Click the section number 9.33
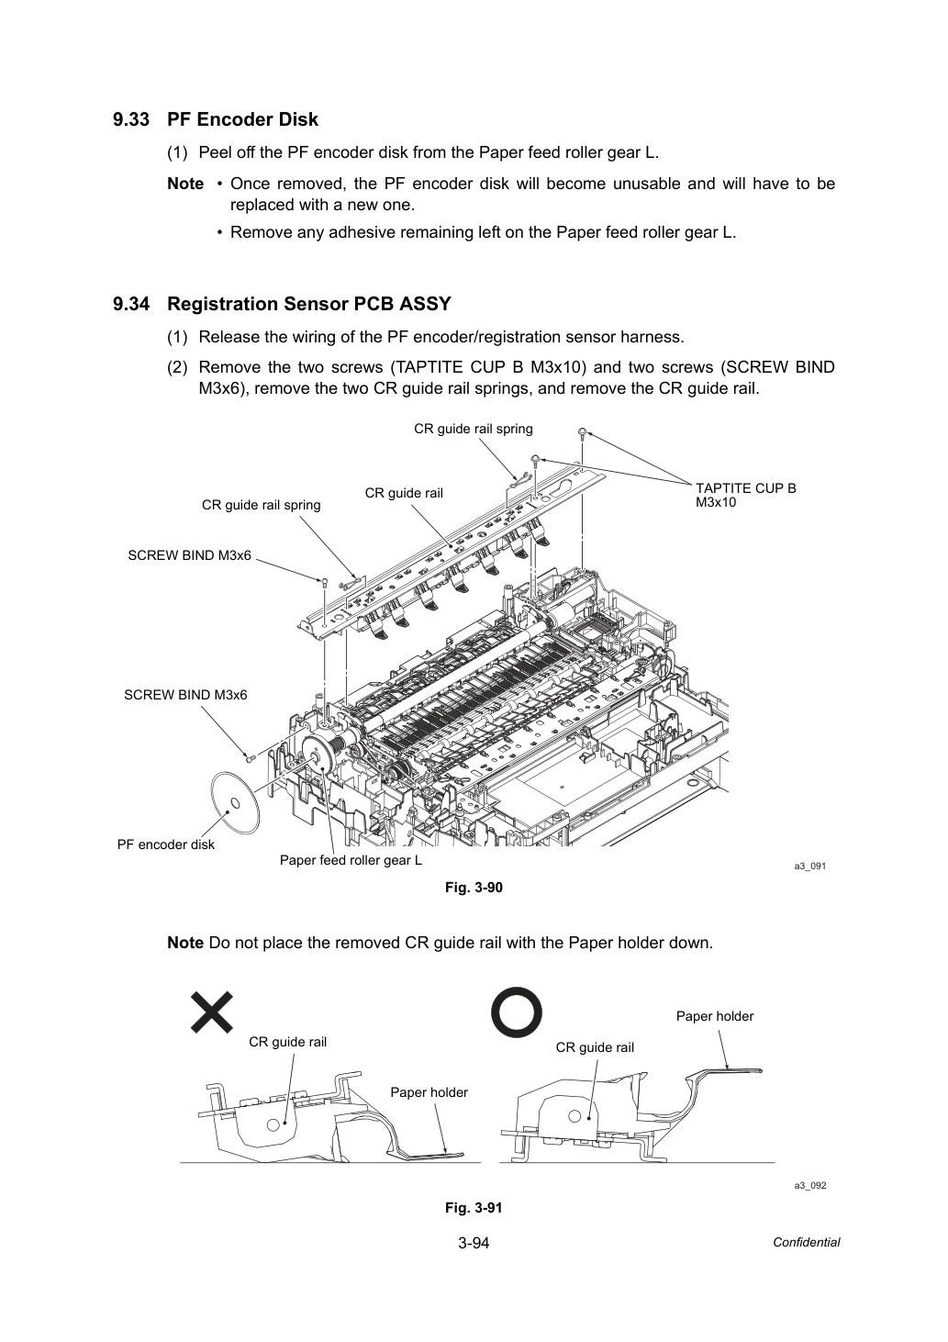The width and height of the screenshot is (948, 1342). click(131, 120)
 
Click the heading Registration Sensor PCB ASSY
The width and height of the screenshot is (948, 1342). click(309, 305)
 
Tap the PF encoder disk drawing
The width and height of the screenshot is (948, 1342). click(236, 803)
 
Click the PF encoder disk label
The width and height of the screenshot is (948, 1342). click(166, 844)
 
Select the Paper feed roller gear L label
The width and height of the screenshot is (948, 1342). click(351, 860)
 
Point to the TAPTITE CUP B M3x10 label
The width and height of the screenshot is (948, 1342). click(745, 496)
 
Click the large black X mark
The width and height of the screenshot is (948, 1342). click(211, 1012)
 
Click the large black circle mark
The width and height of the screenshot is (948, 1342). click(517, 1012)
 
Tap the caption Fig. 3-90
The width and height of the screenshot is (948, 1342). click(474, 888)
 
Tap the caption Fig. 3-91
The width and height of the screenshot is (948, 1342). click(474, 1208)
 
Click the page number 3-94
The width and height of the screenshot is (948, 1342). click(474, 1243)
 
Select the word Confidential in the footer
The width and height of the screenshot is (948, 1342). click(806, 1243)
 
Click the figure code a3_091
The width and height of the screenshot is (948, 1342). click(810, 867)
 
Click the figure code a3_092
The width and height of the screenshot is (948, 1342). click(810, 1186)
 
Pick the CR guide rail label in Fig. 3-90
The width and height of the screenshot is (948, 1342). click(404, 493)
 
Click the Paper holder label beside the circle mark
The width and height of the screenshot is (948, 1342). click(715, 1016)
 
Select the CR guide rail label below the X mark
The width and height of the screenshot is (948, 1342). click(288, 1042)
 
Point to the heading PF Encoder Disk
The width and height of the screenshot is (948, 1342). click(242, 120)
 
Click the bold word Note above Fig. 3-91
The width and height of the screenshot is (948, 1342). click(185, 943)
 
